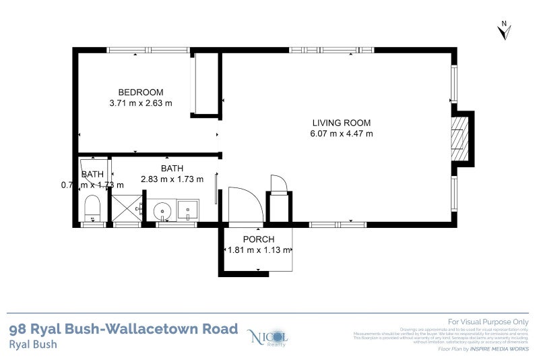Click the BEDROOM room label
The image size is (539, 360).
(x=141, y=92)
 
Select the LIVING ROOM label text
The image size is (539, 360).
(x=341, y=123)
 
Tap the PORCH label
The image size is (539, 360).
(x=258, y=239)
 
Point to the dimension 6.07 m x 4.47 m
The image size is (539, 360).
(x=341, y=133)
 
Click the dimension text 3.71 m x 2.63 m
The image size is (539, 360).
(x=141, y=103)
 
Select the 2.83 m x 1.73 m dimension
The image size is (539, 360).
(x=172, y=179)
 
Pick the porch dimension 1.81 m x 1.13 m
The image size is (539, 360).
(x=258, y=250)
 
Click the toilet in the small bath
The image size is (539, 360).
(x=92, y=208)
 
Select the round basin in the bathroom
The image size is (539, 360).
(x=162, y=212)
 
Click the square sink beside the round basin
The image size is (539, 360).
(x=187, y=210)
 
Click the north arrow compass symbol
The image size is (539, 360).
(x=505, y=30)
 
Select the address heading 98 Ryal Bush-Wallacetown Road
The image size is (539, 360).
(x=123, y=329)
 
